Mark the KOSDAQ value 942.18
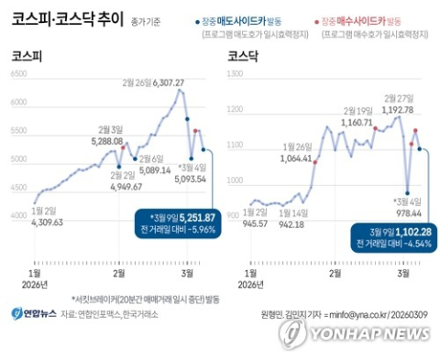click(297, 224)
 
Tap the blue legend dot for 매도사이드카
click(198, 19)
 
